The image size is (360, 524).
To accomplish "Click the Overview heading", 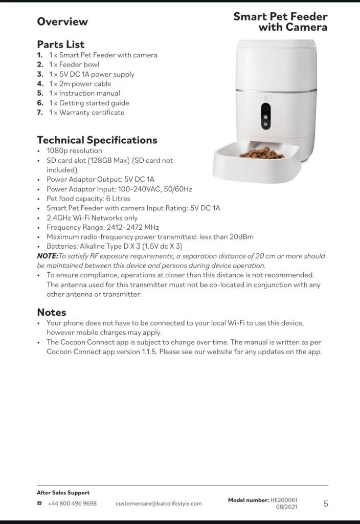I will tap(62, 21).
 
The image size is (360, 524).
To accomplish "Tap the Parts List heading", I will tap(61, 44).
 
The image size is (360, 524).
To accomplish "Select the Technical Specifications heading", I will tap(97, 140).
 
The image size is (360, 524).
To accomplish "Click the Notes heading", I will tap(52, 312).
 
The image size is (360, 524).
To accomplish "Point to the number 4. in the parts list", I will tap(40, 84).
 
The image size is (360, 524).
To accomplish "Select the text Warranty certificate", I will tap(92, 113).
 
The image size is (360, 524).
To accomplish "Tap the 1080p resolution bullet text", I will tap(74, 151).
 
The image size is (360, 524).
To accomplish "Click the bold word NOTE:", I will tap(48, 256).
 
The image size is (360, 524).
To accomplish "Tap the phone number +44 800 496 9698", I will tap(72, 504).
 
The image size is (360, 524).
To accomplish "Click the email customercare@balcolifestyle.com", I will tap(159, 504).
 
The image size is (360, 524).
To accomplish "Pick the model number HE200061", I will tap(284, 500).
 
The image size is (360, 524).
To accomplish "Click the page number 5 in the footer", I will tap(326, 504).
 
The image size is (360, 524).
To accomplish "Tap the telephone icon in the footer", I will tap(39, 504).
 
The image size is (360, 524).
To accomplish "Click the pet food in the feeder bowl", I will tap(261, 153).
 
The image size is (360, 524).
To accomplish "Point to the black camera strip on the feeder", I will tap(266, 117).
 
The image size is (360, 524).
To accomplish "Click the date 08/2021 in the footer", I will tap(286, 507).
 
